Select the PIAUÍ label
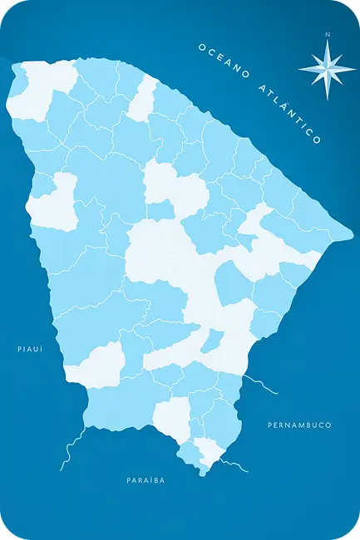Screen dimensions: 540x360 (x=29, y=349)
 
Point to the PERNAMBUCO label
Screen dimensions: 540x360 (x=299, y=425)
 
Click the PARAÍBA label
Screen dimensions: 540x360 (x=145, y=480)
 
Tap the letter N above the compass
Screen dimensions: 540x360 (x=328, y=35)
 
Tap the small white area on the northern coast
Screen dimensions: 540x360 (x=143, y=99)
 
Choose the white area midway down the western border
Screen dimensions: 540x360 (x=54, y=202)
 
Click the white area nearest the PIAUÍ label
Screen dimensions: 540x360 (x=98, y=366)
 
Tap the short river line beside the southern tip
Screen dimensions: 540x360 (x=234, y=464)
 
